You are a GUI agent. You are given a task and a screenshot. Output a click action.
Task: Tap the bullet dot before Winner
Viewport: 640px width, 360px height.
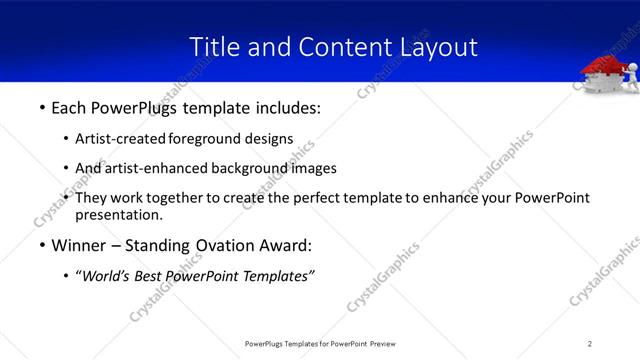click(x=41, y=245)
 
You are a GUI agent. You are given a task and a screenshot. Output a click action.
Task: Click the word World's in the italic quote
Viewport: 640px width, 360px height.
click(x=107, y=276)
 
